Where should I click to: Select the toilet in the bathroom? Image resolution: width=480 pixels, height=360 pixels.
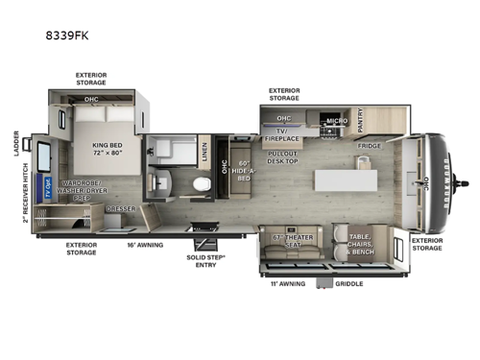pos(201,184)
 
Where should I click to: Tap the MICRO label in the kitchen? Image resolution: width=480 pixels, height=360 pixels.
pos(335,121)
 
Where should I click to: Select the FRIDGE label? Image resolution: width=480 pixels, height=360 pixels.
pos(370,146)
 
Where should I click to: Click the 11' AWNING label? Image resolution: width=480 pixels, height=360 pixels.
pos(289,284)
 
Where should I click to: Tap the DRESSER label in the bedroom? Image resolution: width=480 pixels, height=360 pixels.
pos(120,207)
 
